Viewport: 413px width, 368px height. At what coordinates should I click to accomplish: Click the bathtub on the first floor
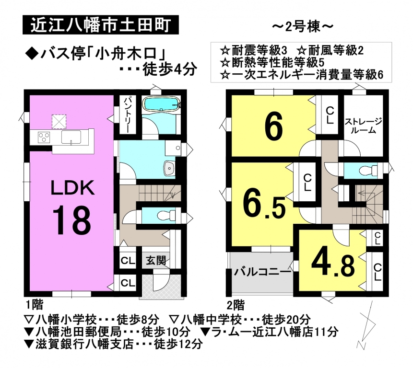coord(161,104)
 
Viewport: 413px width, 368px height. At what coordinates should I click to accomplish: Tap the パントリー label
coord(127,114)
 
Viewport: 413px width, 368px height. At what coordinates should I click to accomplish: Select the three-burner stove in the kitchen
coord(44,137)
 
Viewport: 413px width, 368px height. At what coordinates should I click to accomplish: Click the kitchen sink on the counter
coord(71,137)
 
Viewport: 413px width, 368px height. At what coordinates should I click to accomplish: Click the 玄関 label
coord(156,260)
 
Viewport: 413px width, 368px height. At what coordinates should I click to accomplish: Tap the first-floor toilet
coord(166,216)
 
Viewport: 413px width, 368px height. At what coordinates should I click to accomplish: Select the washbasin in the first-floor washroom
coord(169,168)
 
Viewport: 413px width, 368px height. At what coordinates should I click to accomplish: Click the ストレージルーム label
coord(363,126)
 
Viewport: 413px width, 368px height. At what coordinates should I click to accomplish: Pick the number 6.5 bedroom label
coord(264,203)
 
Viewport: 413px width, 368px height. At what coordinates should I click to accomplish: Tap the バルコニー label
coord(262,272)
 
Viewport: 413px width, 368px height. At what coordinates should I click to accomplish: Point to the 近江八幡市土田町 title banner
coord(101,25)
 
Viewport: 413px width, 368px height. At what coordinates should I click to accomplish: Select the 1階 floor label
coord(34,305)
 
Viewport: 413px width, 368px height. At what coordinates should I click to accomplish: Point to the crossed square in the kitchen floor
coord(59,122)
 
